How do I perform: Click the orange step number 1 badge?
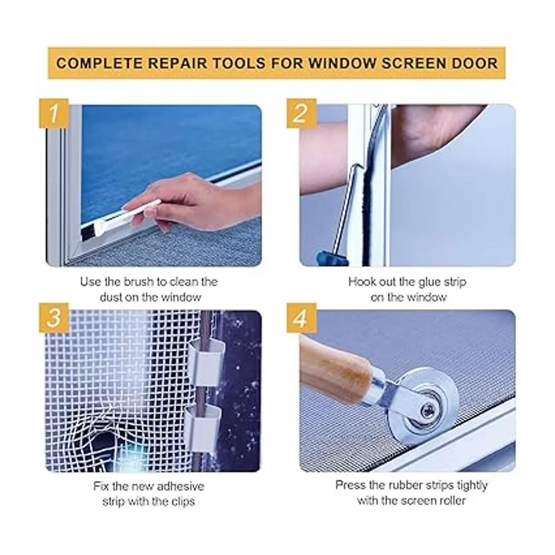click(54, 113)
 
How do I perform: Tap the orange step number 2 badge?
click(301, 113)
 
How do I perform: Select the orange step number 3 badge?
click(54, 318)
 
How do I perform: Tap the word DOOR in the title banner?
click(475, 63)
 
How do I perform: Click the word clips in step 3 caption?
click(183, 501)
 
